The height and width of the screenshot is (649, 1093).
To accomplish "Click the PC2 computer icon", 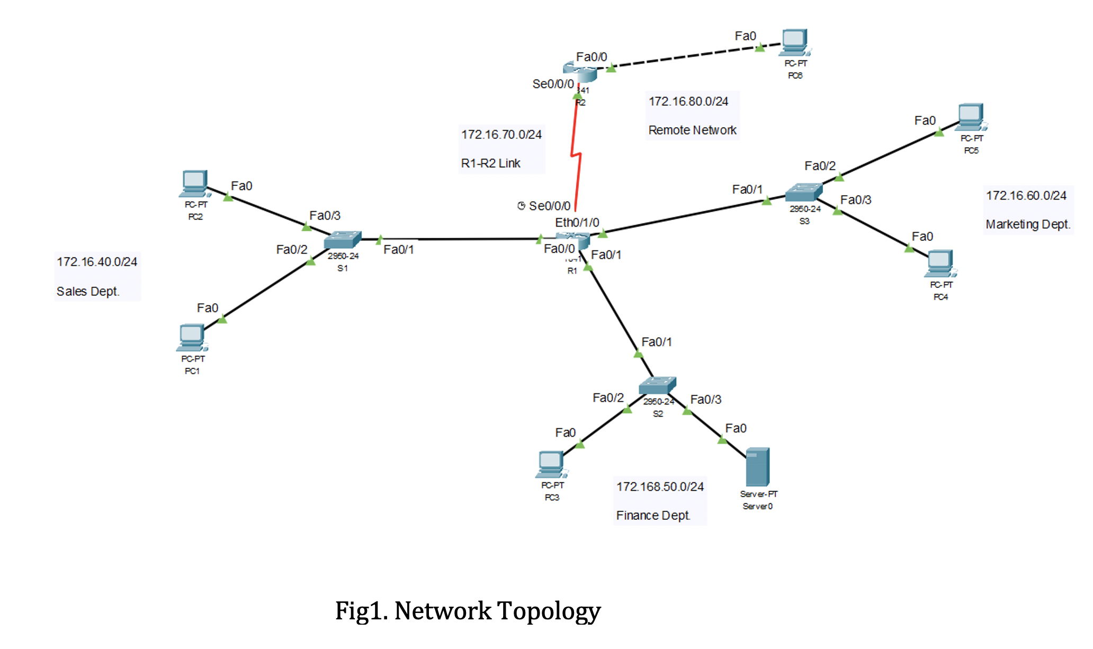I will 195,183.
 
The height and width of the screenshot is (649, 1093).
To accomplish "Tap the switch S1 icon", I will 343,240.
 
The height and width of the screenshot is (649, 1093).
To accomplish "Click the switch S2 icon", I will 657,385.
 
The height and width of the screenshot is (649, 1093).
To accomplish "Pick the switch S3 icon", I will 803,192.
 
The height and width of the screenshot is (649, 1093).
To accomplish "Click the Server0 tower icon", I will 757,467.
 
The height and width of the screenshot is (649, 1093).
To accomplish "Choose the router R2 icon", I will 580,71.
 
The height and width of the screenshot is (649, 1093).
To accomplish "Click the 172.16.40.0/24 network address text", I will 97,262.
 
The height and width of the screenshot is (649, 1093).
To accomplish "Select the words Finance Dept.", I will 653,515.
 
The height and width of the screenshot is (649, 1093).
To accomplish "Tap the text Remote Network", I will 692,130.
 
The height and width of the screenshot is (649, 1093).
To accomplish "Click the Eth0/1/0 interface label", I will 577,222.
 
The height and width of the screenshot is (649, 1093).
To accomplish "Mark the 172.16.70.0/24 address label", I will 501,134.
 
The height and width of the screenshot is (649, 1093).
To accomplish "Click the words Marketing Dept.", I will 1027,224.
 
